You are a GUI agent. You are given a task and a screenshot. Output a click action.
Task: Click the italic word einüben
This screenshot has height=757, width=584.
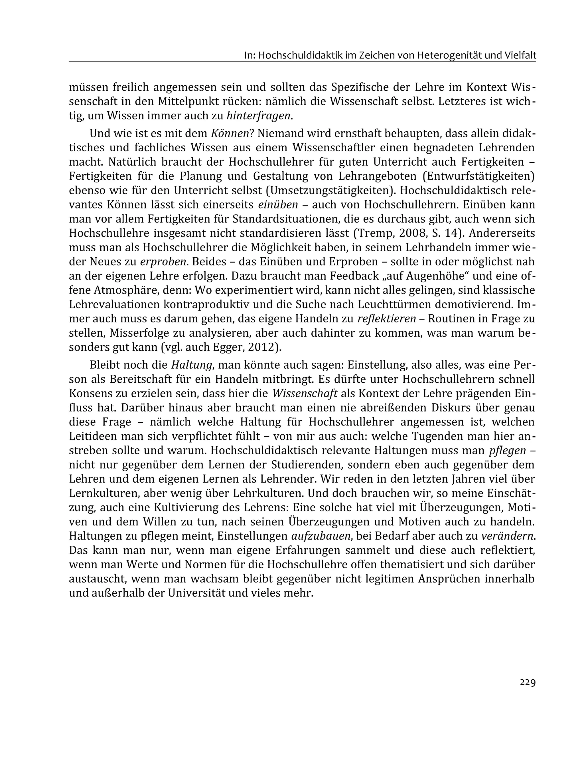278,204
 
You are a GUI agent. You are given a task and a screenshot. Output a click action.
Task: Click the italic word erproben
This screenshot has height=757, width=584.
163,262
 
